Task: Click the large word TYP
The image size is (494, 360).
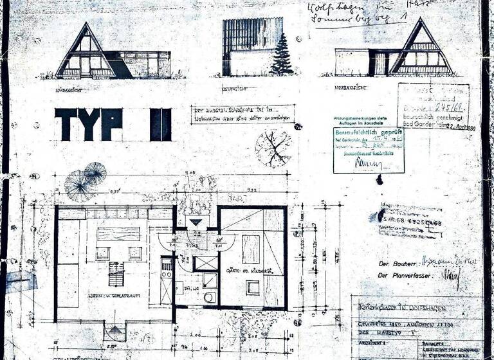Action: (88, 124)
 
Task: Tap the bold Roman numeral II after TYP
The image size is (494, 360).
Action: (161, 124)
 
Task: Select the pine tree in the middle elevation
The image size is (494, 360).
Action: (281, 54)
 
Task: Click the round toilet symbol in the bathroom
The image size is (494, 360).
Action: (209, 297)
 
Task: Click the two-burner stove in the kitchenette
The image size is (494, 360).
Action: (166, 270)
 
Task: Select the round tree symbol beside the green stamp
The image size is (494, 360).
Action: (273, 148)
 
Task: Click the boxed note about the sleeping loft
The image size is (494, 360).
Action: (242, 113)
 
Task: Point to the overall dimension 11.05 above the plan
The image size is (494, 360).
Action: (192, 174)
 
